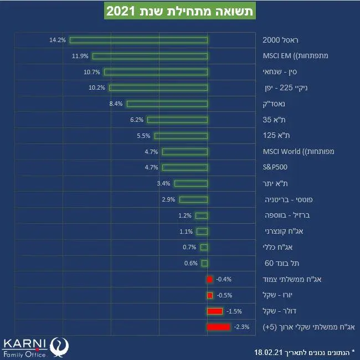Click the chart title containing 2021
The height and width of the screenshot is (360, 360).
click(179, 11)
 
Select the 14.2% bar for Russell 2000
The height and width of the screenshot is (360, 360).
click(138, 40)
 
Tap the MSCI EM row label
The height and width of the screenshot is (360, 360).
click(291, 56)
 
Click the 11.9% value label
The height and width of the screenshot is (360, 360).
click(80, 56)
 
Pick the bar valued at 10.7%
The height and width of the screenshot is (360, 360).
click(156, 72)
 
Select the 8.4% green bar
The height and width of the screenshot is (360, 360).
click(167, 104)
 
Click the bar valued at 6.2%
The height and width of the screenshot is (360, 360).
click(177, 120)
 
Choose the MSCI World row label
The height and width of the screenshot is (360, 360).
click(291, 151)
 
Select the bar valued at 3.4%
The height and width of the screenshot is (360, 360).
click(191, 183)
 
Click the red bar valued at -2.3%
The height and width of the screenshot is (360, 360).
click(218, 327)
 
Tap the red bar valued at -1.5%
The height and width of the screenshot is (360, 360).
click(215, 311)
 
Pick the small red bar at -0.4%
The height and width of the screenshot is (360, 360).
click(209, 279)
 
